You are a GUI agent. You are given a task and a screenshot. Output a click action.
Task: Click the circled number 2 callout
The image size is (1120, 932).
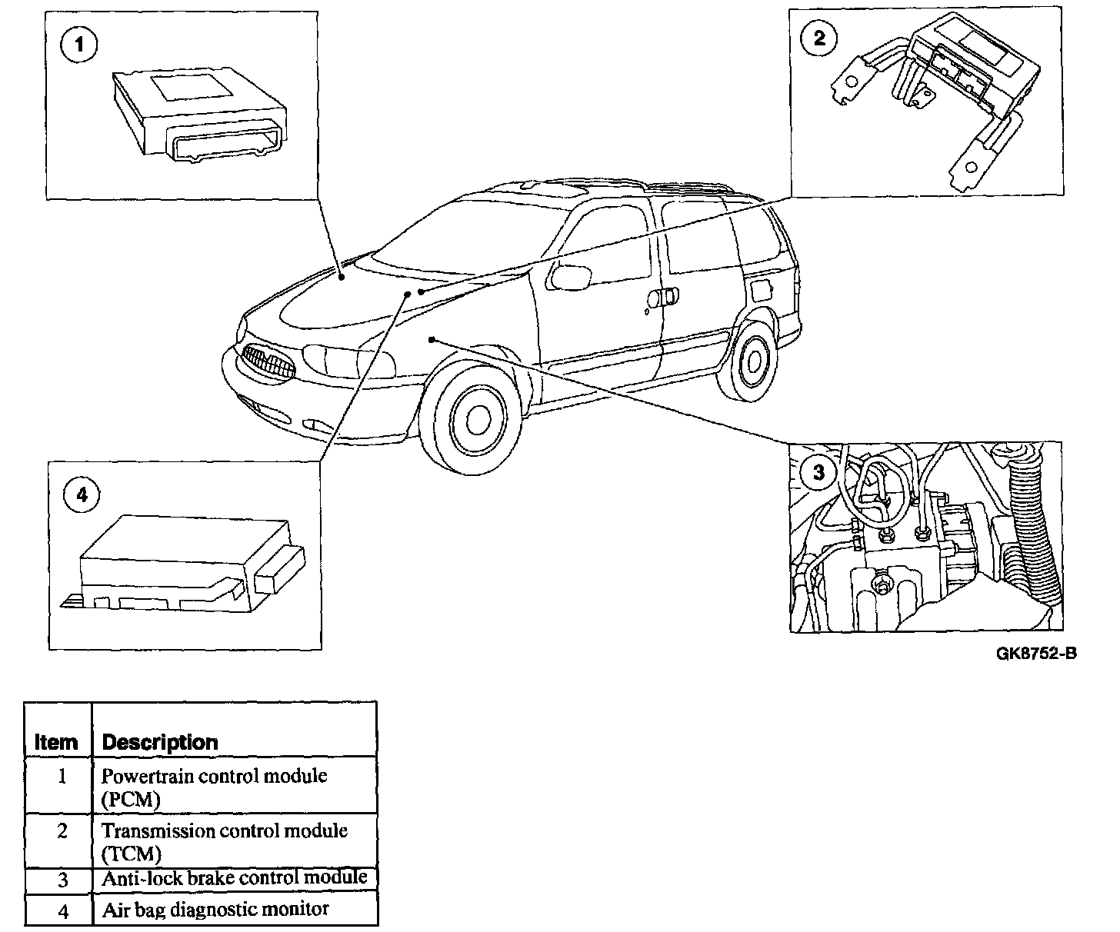819,38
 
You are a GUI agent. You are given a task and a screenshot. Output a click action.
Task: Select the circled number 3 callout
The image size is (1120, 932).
818,471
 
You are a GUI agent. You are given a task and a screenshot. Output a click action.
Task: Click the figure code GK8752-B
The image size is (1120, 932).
1035,654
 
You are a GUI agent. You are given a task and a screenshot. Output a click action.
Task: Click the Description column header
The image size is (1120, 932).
160,742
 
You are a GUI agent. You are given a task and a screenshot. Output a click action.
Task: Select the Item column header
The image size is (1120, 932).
56,742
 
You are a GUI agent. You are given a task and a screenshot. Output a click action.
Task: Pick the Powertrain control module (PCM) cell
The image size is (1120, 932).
215,787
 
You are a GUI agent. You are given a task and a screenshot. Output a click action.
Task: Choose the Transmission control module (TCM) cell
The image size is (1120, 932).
224,841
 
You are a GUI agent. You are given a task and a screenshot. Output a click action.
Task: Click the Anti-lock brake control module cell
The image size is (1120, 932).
234,878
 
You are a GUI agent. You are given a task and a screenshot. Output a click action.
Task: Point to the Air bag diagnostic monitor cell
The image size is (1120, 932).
215,910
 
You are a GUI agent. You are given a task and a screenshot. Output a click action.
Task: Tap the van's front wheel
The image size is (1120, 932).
472,416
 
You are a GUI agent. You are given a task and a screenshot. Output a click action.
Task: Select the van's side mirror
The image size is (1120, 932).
567,275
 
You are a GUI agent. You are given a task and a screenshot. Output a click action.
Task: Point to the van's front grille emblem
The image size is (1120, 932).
266,360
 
